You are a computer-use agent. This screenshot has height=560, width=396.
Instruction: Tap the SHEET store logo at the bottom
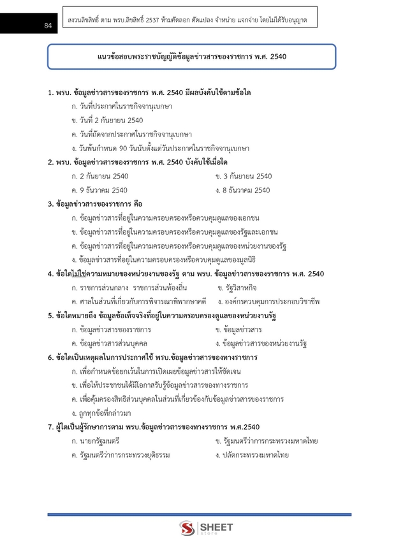(x=206, y=529)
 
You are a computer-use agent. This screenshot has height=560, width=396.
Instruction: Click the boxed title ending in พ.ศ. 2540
(x=191, y=57)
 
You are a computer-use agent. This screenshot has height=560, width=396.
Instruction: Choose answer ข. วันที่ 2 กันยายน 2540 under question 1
(x=108, y=121)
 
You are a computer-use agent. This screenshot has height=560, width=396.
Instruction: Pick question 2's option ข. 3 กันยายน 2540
(x=244, y=176)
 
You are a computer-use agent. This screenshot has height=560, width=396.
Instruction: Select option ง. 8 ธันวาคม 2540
(x=243, y=190)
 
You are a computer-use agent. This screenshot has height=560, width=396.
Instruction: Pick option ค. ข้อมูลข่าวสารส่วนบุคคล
(x=110, y=344)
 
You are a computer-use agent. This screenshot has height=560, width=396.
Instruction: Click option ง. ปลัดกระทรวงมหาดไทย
(x=252, y=455)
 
